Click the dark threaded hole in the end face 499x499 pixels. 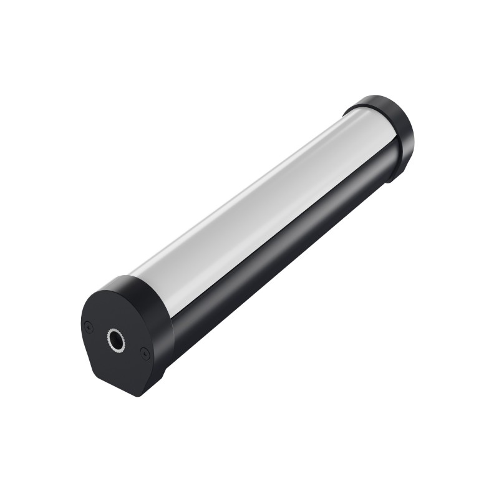tap(117, 339)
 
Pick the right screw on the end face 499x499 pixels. tap(145, 354)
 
